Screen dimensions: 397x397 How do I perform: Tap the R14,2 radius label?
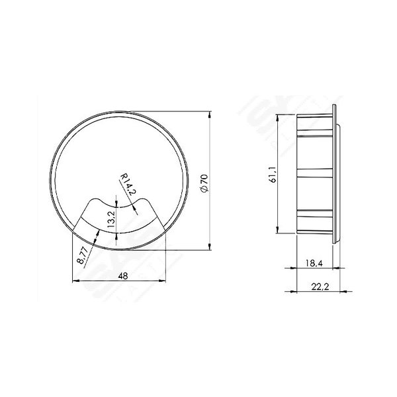coord(128,183)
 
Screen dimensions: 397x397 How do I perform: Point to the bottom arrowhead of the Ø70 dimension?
coord(211,248)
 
